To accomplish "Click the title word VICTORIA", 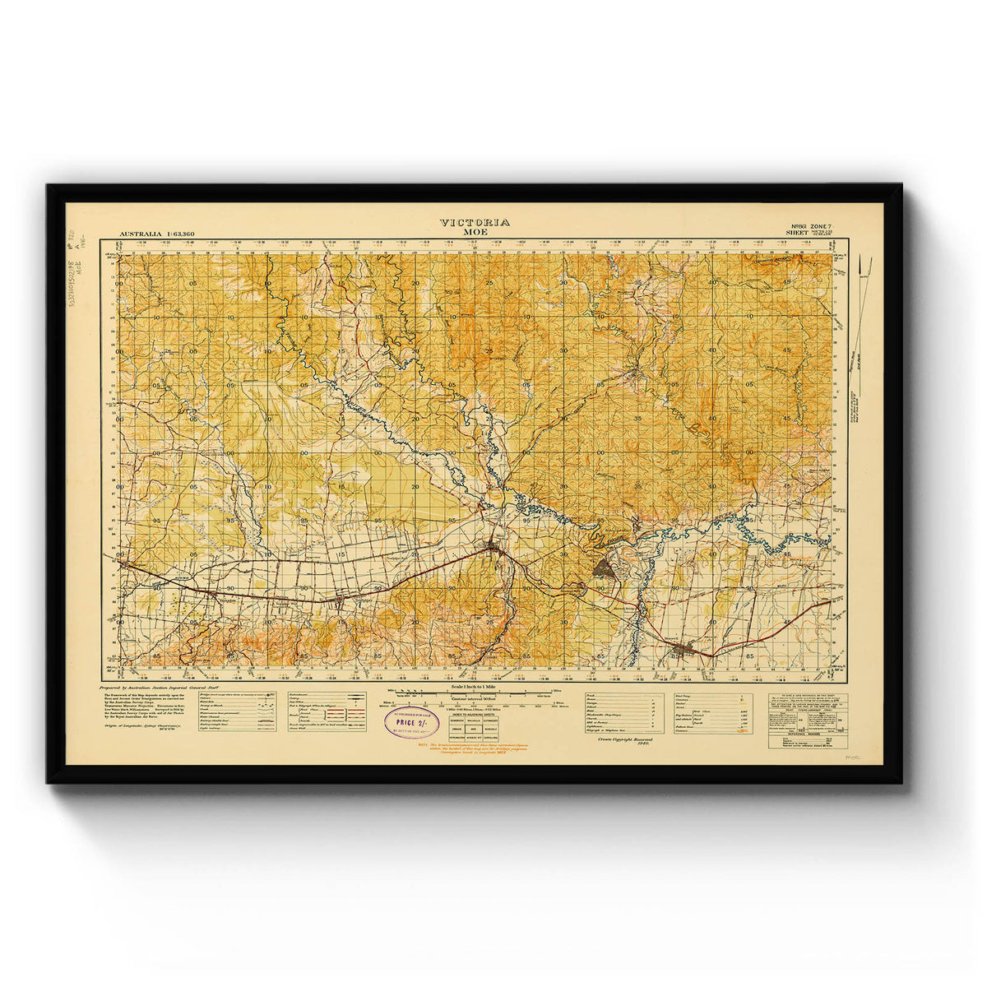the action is (475, 222).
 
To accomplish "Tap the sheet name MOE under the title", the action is (475, 232).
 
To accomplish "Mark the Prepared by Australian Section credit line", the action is (155, 686).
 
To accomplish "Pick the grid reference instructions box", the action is (807, 720).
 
